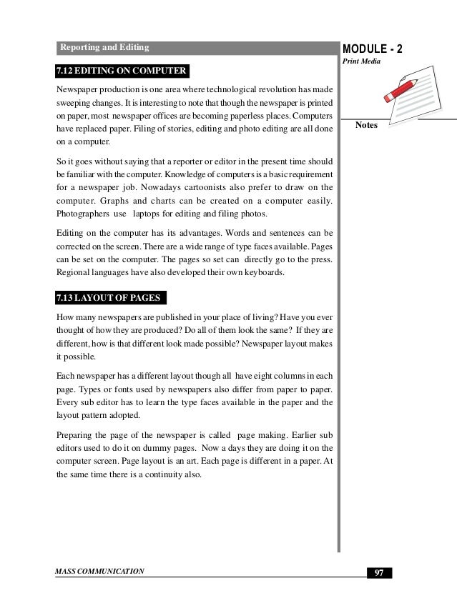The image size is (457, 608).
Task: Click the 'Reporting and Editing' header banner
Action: click(x=104, y=48)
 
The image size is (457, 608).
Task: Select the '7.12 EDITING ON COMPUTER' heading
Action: click(x=122, y=71)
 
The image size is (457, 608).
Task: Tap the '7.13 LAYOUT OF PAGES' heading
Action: click(x=111, y=297)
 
